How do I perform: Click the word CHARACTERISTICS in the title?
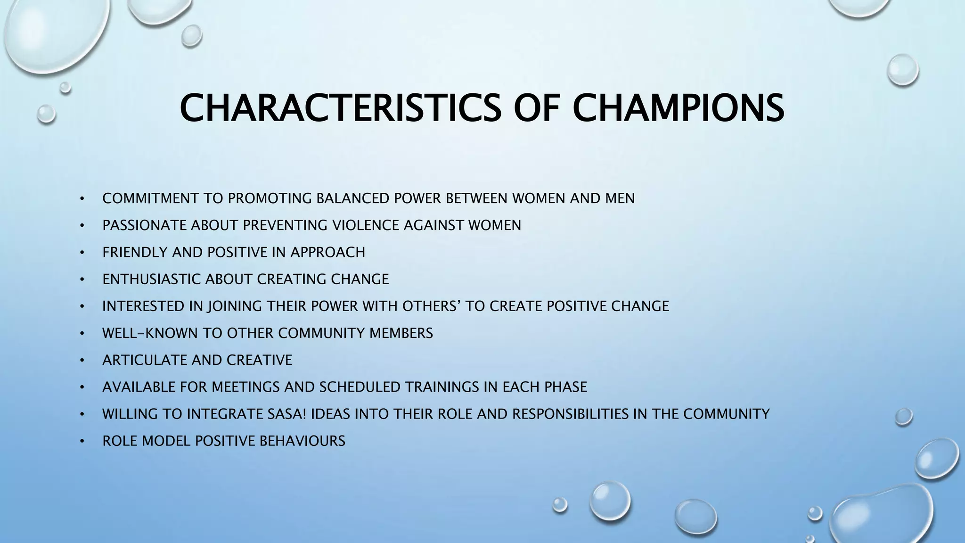click(340, 108)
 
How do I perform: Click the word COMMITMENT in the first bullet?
click(150, 198)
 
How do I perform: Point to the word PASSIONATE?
click(145, 225)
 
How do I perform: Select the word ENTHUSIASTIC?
click(151, 279)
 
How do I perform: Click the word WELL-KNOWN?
click(150, 333)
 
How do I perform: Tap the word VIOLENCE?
click(366, 225)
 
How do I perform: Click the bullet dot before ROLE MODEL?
click(82, 442)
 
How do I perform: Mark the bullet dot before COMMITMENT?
click(82, 199)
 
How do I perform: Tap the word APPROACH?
click(327, 252)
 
